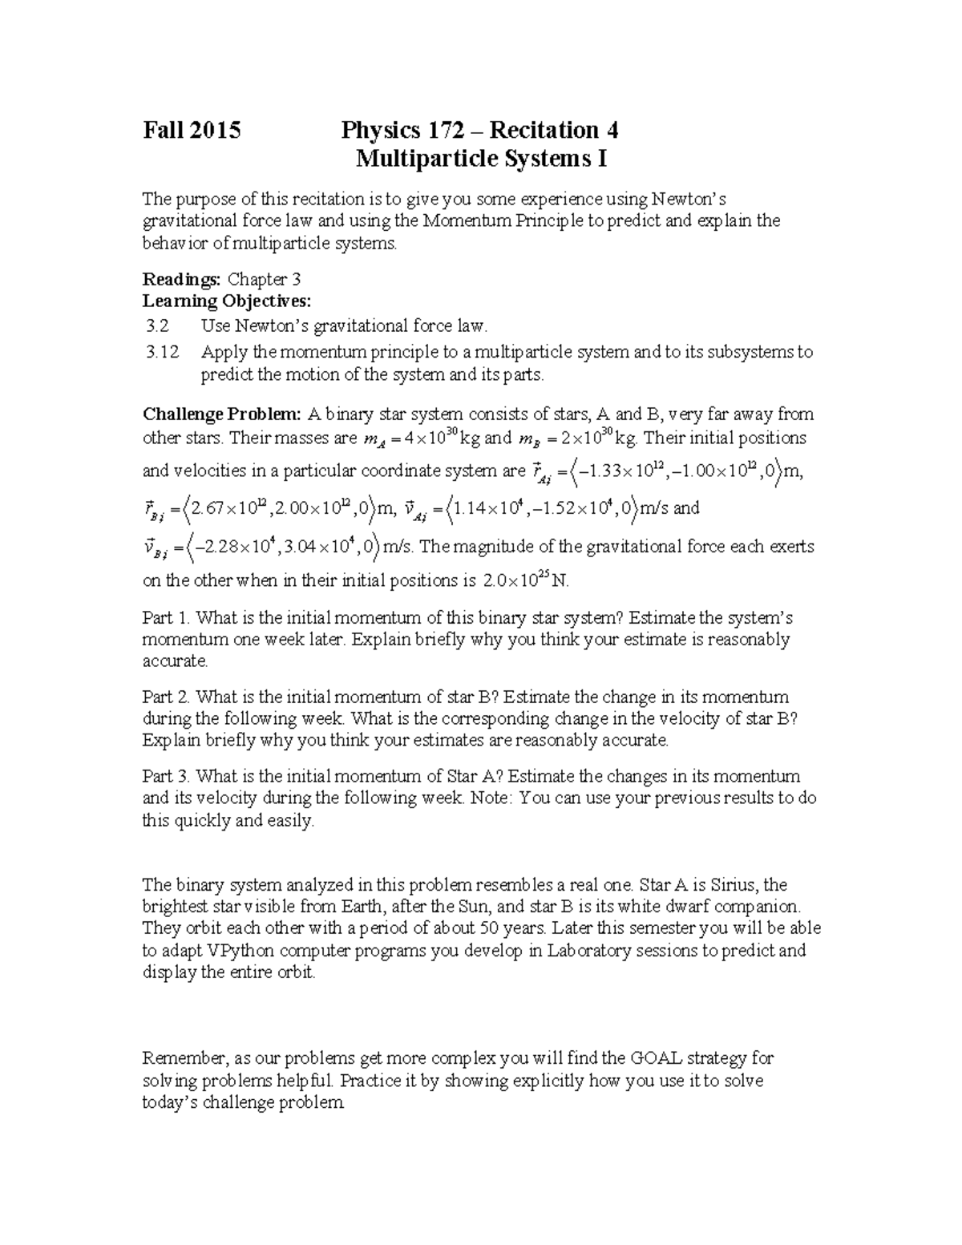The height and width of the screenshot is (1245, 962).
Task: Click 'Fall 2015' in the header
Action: (x=191, y=130)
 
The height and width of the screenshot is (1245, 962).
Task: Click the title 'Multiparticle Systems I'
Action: (x=481, y=159)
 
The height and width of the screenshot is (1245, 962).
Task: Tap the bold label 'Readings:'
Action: (x=182, y=279)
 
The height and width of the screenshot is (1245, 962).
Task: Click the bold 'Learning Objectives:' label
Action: (x=226, y=301)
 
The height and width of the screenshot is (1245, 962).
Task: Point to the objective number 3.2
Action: (x=159, y=326)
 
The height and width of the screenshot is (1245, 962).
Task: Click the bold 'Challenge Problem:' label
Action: (x=222, y=414)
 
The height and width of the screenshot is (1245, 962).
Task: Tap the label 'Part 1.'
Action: (x=167, y=618)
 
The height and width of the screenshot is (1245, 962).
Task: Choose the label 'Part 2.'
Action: (x=167, y=697)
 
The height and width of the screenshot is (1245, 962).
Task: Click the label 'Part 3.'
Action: (x=167, y=776)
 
